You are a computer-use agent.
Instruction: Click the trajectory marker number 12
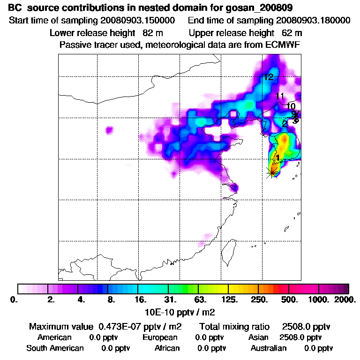pyautogui.click(x=268, y=77)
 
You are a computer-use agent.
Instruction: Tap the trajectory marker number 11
pyautogui.click(x=280, y=96)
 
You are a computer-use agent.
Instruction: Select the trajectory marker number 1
pyautogui.click(x=277, y=158)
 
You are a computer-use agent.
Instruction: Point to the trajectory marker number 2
pyautogui.click(x=285, y=124)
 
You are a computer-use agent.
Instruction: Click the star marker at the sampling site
pyautogui.click(x=272, y=172)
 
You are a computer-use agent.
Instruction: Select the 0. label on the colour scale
pyautogui.click(x=14, y=299)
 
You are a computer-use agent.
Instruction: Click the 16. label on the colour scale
pyautogui.click(x=141, y=299)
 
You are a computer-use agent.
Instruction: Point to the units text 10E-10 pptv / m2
pyautogui.click(x=181, y=311)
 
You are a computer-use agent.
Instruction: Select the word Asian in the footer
pyautogui.click(x=258, y=337)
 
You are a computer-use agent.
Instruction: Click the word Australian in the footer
pyautogui.click(x=269, y=348)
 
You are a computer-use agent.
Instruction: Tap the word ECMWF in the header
pyautogui.click(x=283, y=45)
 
